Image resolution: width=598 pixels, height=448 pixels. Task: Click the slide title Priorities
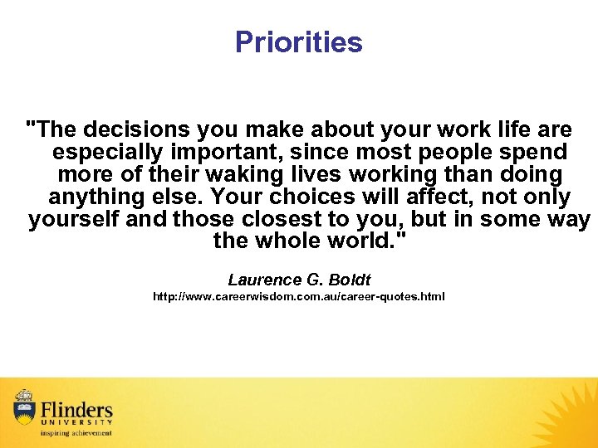(x=298, y=41)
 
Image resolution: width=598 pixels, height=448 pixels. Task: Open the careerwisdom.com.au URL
(x=298, y=296)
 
